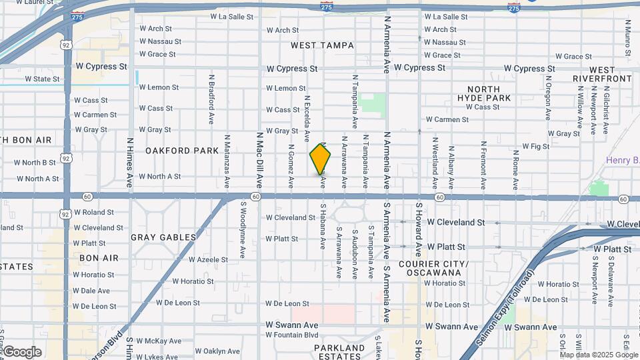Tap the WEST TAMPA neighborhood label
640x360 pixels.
pos(322,45)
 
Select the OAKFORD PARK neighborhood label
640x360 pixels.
pos(182,151)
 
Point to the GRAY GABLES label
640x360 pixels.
pos(163,237)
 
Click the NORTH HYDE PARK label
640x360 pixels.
pos(489,93)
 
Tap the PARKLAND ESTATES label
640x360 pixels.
pos(339,352)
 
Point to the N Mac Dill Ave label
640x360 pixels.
pos(259,159)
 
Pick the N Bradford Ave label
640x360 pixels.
pos(211,103)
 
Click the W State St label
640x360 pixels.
pos(42,79)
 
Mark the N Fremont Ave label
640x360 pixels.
pos(483,163)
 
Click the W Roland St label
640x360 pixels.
pos(93,212)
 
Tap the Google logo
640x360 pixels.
pos(22,352)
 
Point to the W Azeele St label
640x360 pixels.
pos(208,259)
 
